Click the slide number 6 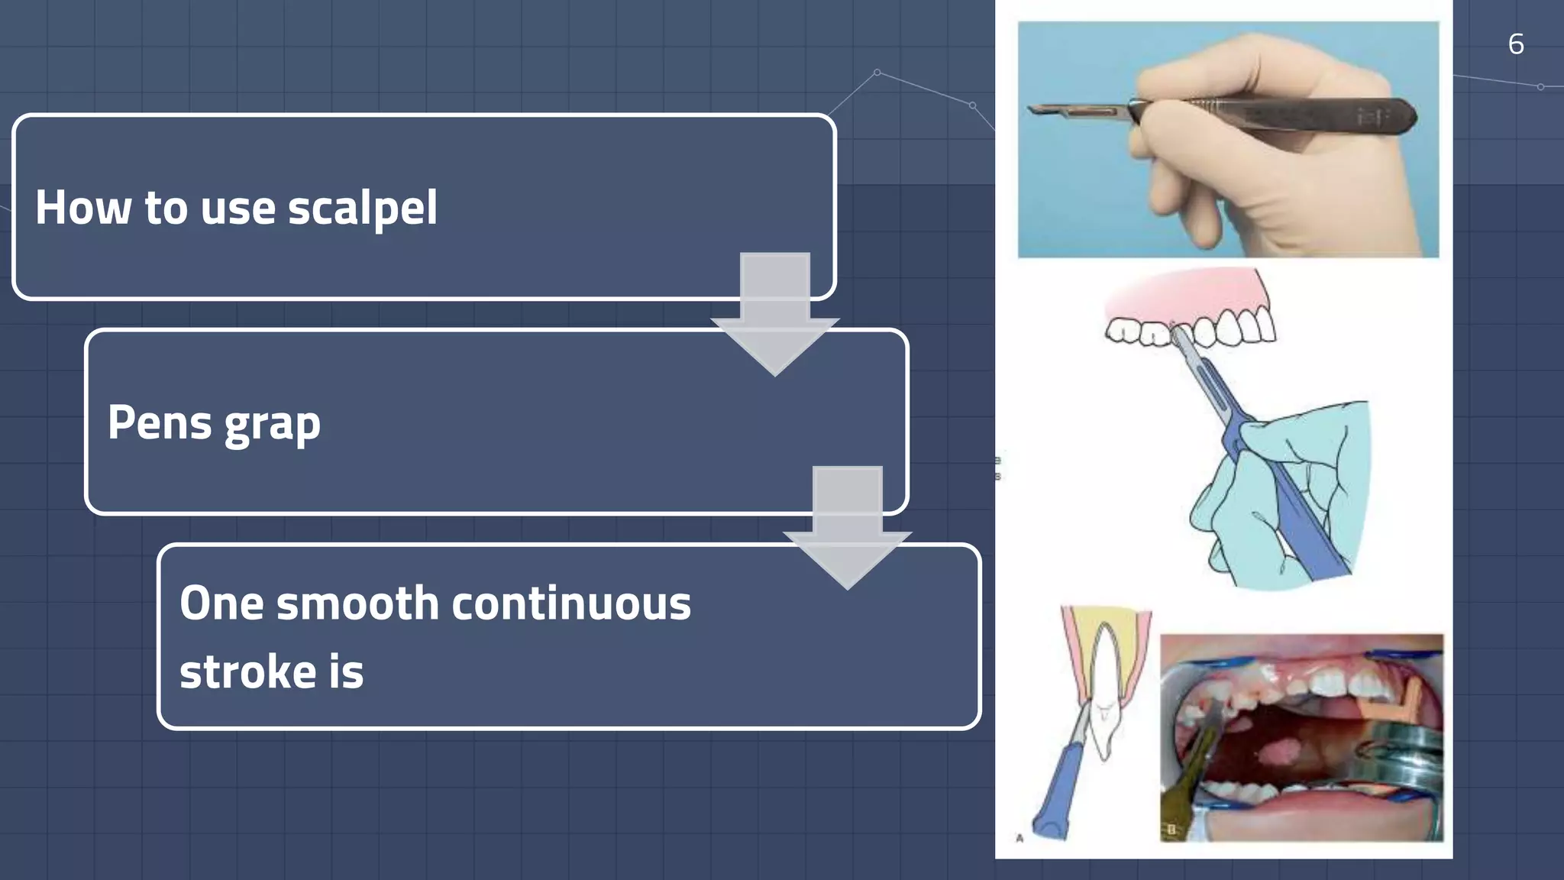1516,44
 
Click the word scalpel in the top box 362,209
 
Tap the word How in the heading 83,208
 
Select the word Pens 159,422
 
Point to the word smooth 357,603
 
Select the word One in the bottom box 221,603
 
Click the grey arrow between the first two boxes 774,313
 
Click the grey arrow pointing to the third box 847,527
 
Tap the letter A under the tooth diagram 1020,838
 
